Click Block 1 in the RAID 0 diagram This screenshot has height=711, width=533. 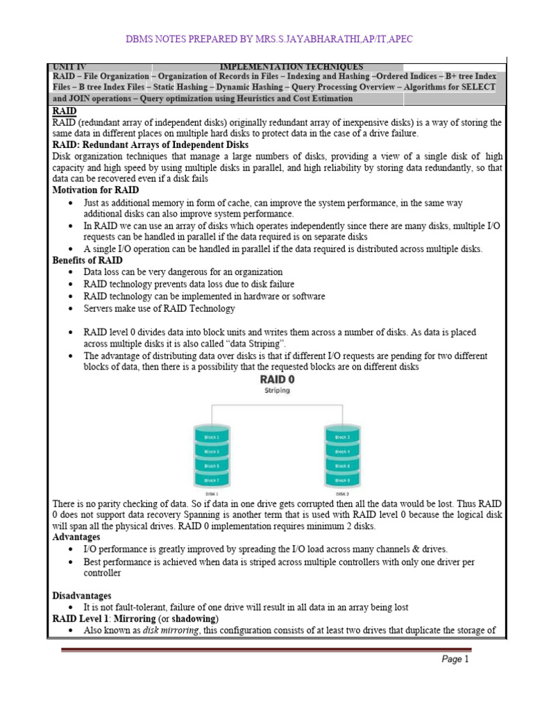[x=212, y=437]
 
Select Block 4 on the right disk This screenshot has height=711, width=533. [x=341, y=451]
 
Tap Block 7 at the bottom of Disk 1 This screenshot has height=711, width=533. [x=212, y=480]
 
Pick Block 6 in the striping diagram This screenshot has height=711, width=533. [x=341, y=465]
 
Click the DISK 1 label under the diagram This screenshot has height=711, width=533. [x=212, y=494]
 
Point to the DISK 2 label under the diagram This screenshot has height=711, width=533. [x=341, y=494]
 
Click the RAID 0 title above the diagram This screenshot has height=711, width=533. [x=276, y=380]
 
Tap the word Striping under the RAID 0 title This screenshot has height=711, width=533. [x=276, y=391]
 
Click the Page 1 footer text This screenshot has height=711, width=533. [x=455, y=660]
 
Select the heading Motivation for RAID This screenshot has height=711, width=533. [x=96, y=190]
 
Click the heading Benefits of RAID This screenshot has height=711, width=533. [x=87, y=260]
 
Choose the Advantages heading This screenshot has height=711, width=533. [x=76, y=537]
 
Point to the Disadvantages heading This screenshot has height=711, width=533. [x=82, y=595]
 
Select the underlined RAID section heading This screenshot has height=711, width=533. [x=64, y=110]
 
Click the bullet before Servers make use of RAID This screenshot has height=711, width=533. [x=72, y=308]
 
